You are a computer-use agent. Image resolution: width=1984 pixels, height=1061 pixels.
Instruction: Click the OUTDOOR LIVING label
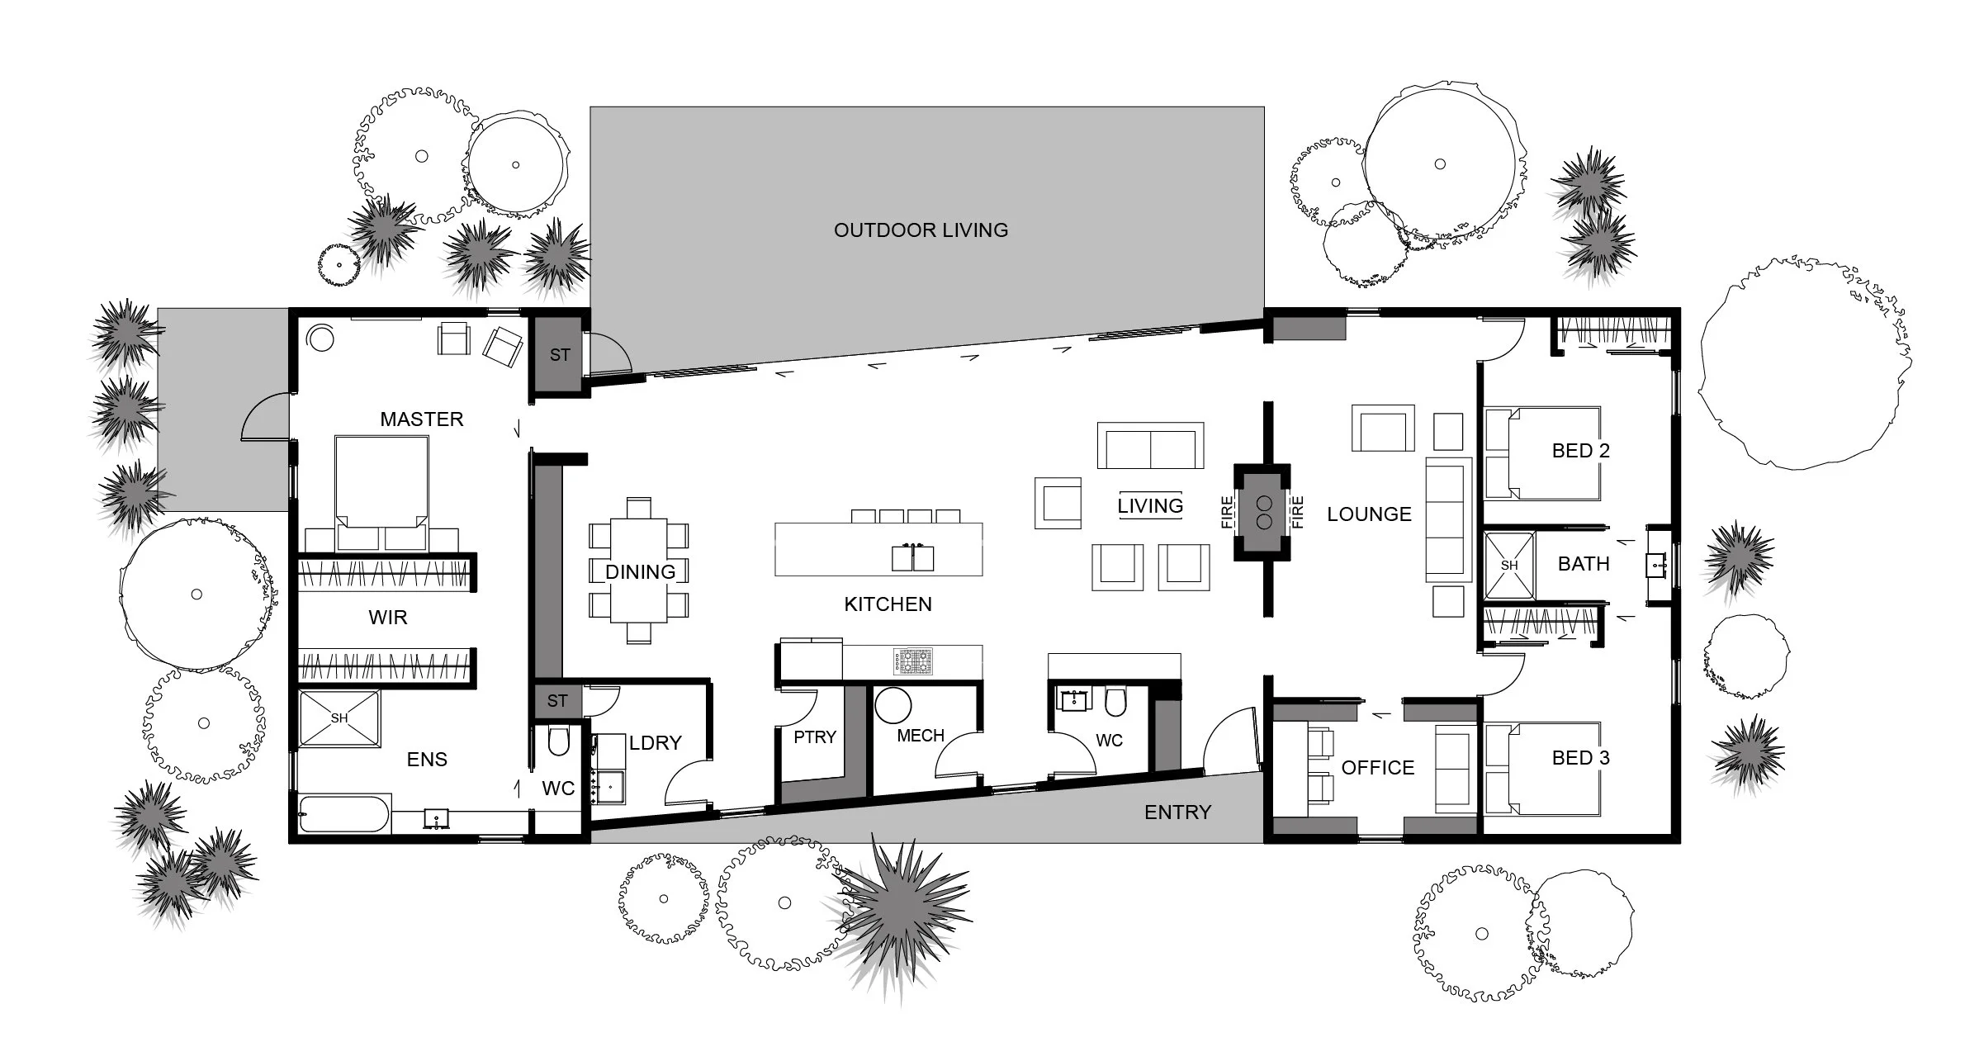[921, 230]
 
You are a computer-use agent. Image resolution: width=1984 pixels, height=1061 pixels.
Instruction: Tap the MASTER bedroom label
[421, 419]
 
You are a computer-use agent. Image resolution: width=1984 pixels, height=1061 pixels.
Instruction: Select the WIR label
[387, 618]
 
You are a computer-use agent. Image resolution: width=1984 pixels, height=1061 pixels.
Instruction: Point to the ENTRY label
[1177, 812]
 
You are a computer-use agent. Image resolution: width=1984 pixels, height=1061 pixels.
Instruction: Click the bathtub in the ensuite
[343, 813]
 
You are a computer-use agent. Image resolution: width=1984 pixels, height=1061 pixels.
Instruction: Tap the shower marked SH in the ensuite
[339, 718]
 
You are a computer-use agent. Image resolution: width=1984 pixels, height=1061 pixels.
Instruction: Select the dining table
[639, 571]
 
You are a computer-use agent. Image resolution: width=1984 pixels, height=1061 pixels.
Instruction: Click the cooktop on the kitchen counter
[912, 661]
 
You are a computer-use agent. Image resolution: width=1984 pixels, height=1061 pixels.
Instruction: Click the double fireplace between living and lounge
[1262, 512]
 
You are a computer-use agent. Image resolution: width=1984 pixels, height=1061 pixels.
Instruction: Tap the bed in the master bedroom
[381, 487]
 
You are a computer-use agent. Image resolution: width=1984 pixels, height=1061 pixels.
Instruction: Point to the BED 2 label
[1580, 451]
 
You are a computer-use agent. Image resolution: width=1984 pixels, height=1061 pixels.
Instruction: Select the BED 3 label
[1580, 758]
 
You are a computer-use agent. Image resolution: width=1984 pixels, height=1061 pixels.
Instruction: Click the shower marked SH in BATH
[1509, 566]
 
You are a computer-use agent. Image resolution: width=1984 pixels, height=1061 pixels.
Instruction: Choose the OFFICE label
[1378, 768]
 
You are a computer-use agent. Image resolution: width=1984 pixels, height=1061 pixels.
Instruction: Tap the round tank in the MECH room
[893, 706]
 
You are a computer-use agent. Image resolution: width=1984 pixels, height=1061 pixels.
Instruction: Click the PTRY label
[815, 737]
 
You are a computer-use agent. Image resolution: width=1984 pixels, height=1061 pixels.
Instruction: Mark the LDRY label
[655, 743]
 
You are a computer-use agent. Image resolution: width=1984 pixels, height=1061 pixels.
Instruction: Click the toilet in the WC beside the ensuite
[559, 742]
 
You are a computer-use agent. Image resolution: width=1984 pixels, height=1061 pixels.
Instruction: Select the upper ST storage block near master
[559, 355]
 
